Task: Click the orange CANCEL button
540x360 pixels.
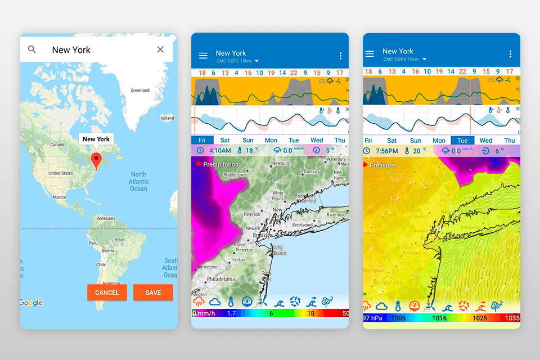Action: click(107, 292)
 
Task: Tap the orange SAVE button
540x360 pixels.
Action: click(153, 292)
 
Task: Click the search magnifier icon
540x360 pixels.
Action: click(32, 49)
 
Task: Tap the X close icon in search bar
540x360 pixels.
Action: click(160, 49)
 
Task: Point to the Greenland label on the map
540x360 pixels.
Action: click(140, 90)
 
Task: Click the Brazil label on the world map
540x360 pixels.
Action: click(119, 240)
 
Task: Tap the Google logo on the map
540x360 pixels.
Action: click(31, 303)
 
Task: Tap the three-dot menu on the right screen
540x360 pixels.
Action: click(510, 54)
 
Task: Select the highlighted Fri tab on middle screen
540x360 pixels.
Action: click(201, 141)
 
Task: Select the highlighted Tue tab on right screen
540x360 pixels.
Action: click(462, 141)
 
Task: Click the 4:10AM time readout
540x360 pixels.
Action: click(220, 151)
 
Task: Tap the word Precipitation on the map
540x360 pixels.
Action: click(220, 164)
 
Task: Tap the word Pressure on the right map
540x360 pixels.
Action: click(382, 165)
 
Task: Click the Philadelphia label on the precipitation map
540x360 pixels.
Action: click(220, 279)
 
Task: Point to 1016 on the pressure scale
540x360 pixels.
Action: click(439, 318)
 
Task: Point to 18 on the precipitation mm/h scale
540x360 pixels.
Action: click(310, 313)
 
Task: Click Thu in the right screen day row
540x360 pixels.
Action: click(509, 141)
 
